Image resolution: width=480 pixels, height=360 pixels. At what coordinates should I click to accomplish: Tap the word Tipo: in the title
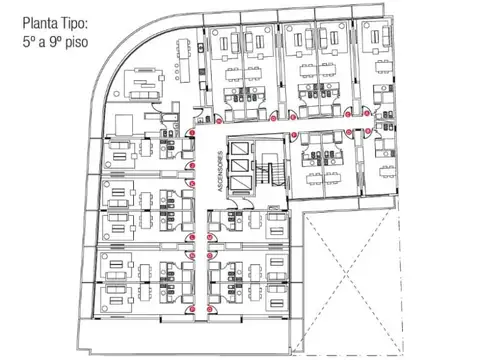point(74,24)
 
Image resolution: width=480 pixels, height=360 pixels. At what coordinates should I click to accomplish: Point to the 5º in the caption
point(28,42)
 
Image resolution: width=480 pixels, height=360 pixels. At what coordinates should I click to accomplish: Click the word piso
point(76,43)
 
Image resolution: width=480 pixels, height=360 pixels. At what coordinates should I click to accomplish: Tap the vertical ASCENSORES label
point(220,172)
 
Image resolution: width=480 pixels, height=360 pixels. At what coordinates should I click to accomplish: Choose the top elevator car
point(241,148)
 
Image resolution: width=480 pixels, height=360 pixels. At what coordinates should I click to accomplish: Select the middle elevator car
point(241,165)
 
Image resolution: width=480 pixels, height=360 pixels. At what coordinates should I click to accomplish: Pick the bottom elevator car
point(241,183)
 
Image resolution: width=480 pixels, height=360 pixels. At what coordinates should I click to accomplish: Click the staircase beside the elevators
point(271,171)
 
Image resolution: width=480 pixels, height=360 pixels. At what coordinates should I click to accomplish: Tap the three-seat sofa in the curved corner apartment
point(144,95)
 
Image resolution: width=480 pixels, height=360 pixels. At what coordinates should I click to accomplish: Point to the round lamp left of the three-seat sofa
point(116,94)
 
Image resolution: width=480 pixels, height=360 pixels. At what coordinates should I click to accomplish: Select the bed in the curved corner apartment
point(123,124)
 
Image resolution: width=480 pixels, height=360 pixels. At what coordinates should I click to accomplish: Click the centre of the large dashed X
point(346,275)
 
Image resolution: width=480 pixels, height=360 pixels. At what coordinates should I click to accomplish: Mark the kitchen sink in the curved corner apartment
point(201,47)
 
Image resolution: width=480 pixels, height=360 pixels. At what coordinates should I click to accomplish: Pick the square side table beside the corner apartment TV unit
point(162,78)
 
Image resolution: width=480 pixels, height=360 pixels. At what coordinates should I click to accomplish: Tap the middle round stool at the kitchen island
point(176,72)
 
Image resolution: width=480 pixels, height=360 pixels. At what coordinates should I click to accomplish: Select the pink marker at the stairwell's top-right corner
point(294,135)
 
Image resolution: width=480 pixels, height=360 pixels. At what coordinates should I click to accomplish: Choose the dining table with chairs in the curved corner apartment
point(184,61)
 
